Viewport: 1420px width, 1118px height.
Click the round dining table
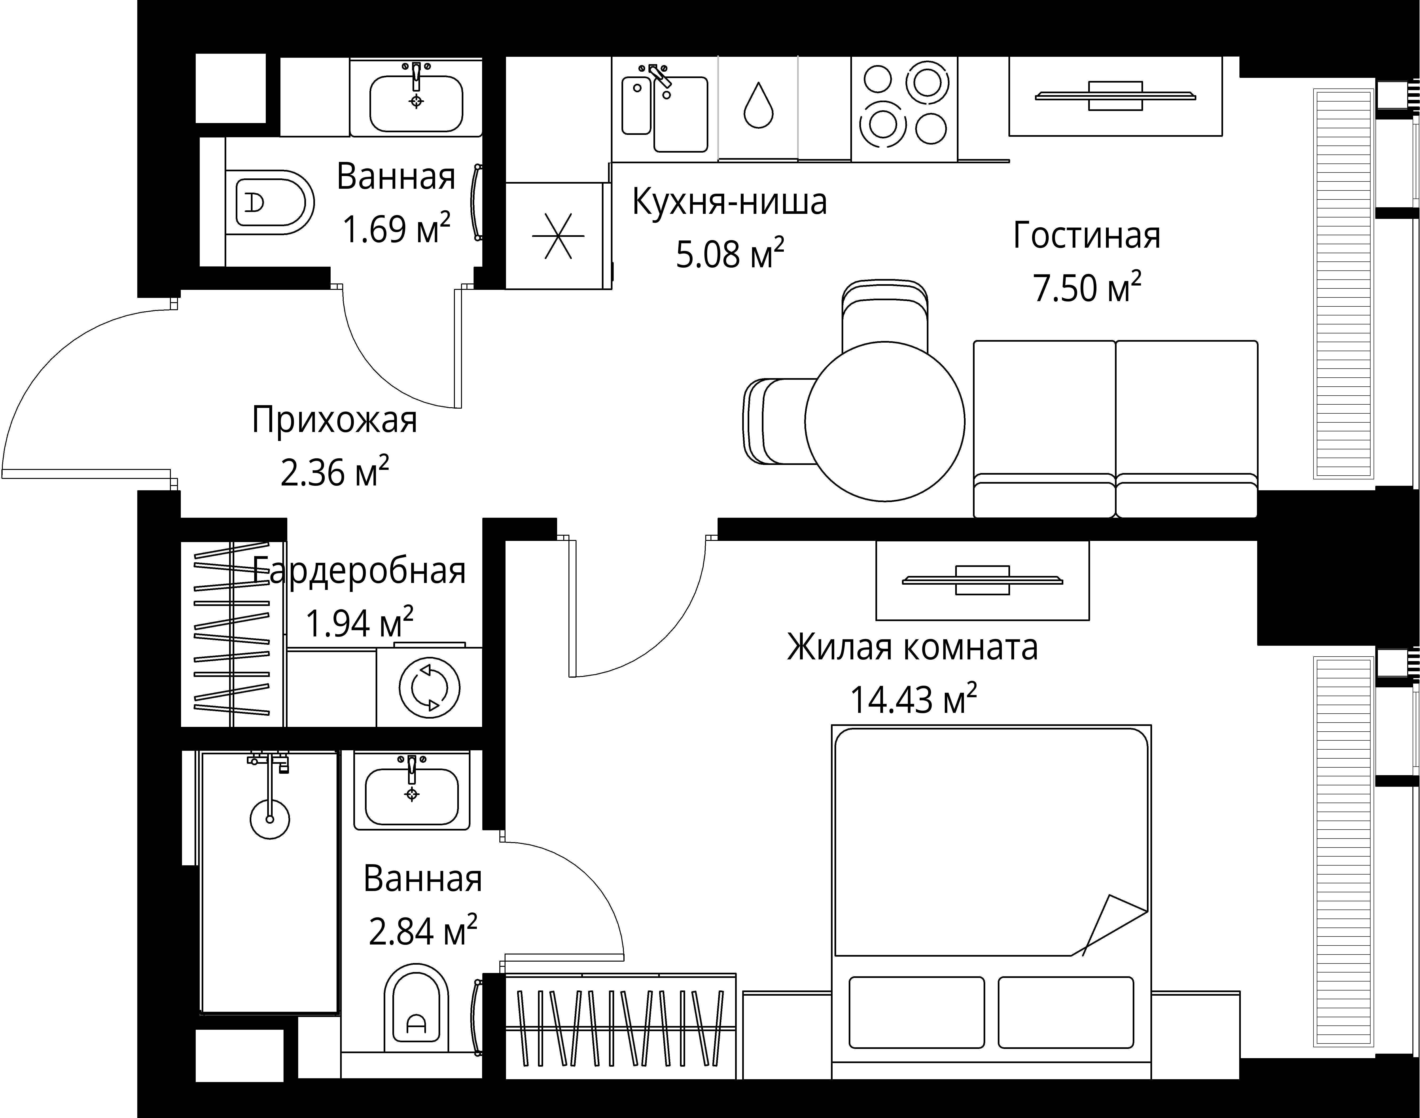pyautogui.click(x=884, y=422)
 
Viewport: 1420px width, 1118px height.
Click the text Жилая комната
pyautogui.click(x=912, y=647)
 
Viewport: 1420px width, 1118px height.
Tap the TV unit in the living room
pyautogui.click(x=1115, y=96)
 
